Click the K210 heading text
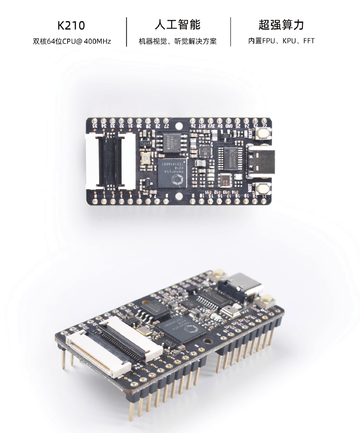(x=71, y=25)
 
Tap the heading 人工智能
(x=177, y=24)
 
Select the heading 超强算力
(x=281, y=24)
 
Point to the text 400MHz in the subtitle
(x=97, y=41)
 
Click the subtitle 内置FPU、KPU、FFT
(x=281, y=41)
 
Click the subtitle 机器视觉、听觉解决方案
(x=178, y=41)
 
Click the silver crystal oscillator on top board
(x=147, y=158)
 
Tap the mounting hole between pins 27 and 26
(x=180, y=126)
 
